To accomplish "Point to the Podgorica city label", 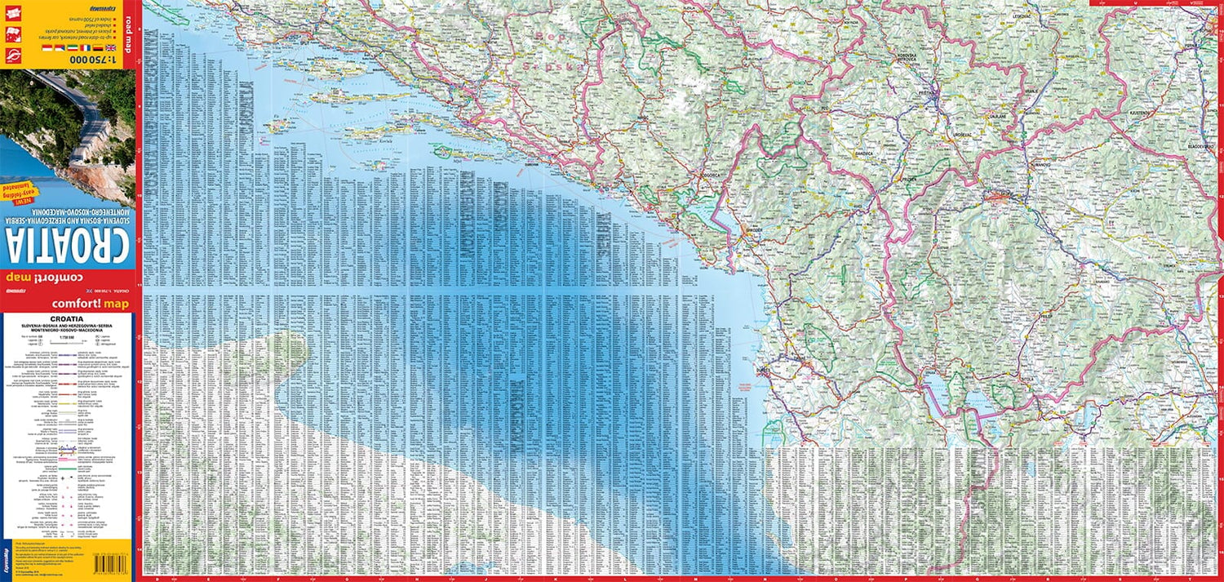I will (x=712, y=175).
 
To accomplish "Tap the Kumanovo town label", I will (x=1041, y=166).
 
